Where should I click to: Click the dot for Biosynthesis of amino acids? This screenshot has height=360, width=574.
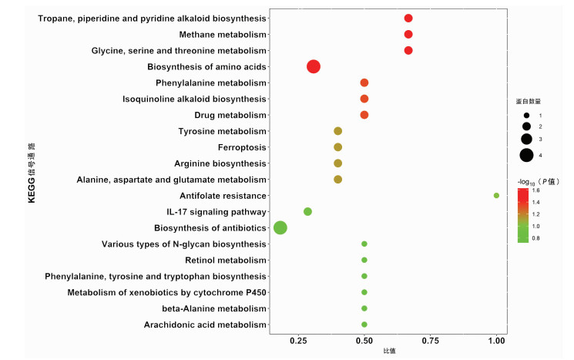pyautogui.click(x=313, y=67)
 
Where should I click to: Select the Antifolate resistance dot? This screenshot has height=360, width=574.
pyautogui.click(x=496, y=195)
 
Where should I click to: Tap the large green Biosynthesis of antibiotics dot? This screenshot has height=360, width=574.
pyautogui.click(x=280, y=227)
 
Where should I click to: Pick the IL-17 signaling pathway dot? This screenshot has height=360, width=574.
pyautogui.click(x=307, y=211)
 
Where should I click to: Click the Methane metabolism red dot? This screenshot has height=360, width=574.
pyautogui.click(x=408, y=35)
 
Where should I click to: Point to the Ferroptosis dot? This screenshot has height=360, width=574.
pyautogui.click(x=337, y=147)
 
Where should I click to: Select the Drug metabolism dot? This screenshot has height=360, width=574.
pyautogui.click(x=364, y=115)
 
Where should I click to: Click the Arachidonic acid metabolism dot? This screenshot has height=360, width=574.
pyautogui.click(x=364, y=325)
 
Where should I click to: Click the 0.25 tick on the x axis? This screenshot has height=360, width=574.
pyautogui.click(x=298, y=340)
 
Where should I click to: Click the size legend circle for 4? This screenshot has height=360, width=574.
pyautogui.click(x=526, y=155)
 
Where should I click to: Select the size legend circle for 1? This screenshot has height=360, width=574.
pyautogui.click(x=526, y=115)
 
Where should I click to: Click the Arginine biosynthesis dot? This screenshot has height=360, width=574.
pyautogui.click(x=337, y=163)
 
